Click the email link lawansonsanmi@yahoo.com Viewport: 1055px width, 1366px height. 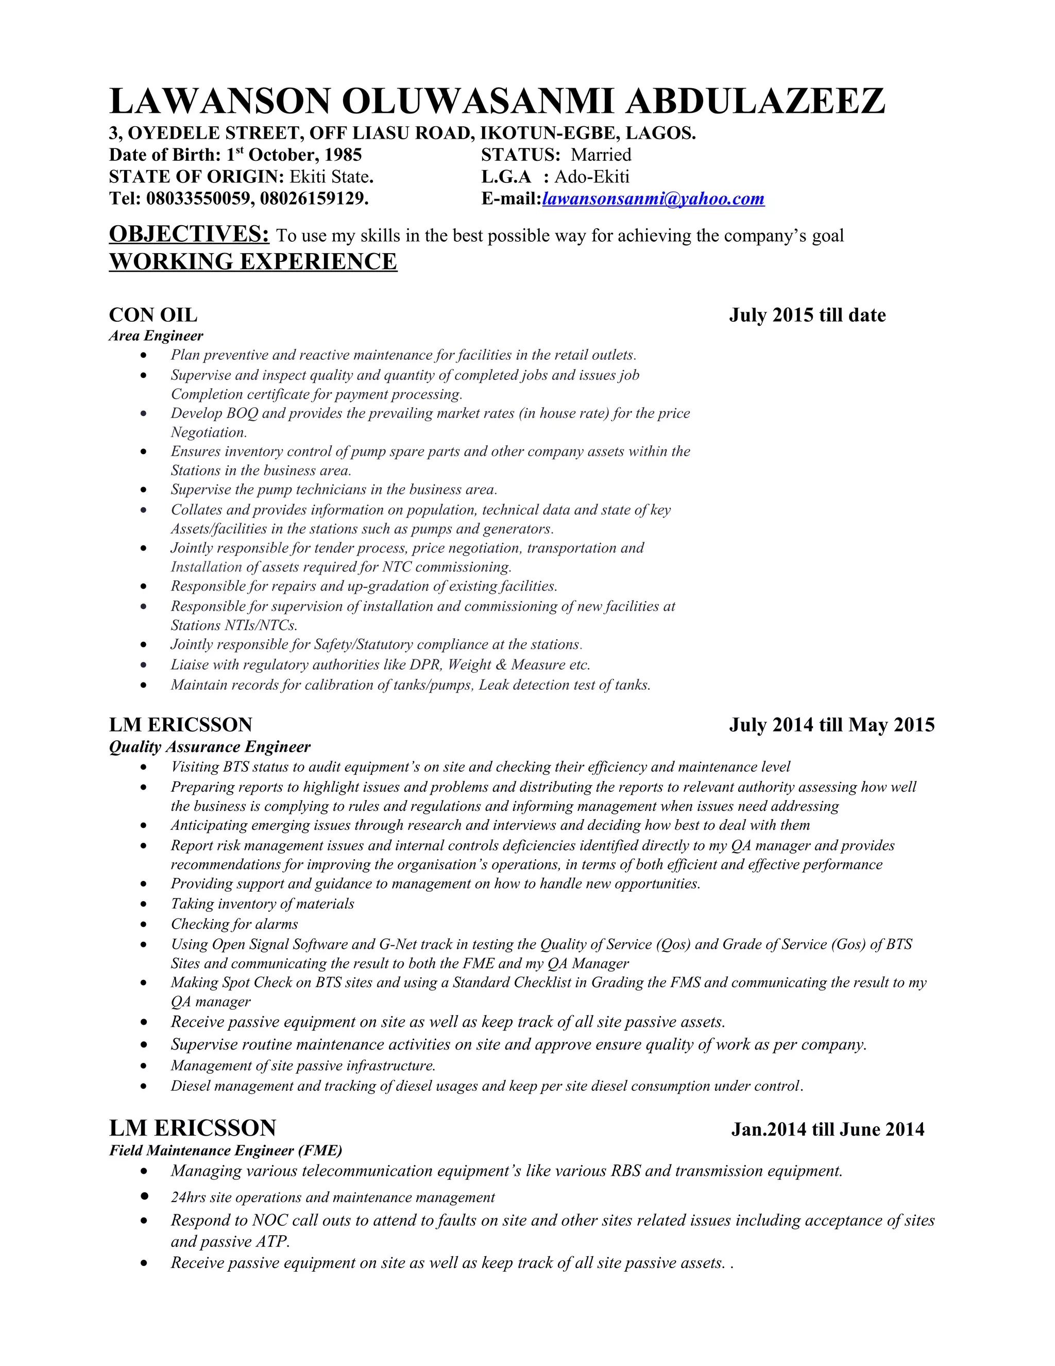(653, 199)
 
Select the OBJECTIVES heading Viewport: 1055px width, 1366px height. (189, 234)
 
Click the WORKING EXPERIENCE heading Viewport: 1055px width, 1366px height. (252, 261)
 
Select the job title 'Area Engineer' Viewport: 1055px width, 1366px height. (156, 336)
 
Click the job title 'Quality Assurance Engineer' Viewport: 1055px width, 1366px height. (209, 747)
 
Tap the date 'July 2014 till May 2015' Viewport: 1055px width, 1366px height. (831, 725)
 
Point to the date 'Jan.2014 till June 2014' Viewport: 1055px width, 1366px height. (827, 1129)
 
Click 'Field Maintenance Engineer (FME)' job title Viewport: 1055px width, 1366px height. (226, 1150)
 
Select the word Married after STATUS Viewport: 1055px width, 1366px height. (601, 155)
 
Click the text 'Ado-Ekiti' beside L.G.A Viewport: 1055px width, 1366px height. (591, 177)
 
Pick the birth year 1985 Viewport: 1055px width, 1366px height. (342, 155)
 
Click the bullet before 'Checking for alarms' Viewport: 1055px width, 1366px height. (144, 924)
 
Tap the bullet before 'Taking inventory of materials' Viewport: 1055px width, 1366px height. (144, 905)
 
